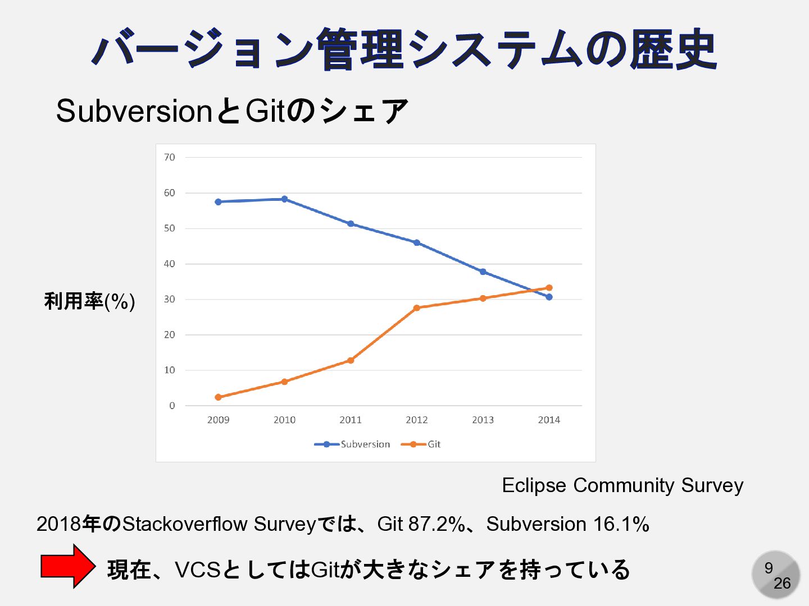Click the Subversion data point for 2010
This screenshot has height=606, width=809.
pos(284,199)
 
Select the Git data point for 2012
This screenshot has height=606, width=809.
pos(416,308)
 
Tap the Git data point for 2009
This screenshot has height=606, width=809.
pos(218,397)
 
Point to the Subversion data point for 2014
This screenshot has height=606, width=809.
pos(549,297)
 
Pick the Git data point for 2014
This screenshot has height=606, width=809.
pos(549,288)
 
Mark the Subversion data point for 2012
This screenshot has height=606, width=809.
pos(416,243)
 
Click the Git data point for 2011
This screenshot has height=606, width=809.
pos(351,360)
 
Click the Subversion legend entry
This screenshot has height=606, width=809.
pos(353,444)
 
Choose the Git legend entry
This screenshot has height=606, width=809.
pos(421,444)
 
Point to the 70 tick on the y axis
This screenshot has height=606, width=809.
pos(170,158)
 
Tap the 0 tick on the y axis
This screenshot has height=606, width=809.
pos(172,406)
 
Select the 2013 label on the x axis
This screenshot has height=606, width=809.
pos(483,420)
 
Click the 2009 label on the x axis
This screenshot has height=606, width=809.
pos(218,420)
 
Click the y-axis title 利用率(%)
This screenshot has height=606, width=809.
pos(90,301)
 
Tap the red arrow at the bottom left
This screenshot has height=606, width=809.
pos(68,566)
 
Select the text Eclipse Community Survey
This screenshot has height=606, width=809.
pos(622,485)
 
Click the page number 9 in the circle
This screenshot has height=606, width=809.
pos(769,568)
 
